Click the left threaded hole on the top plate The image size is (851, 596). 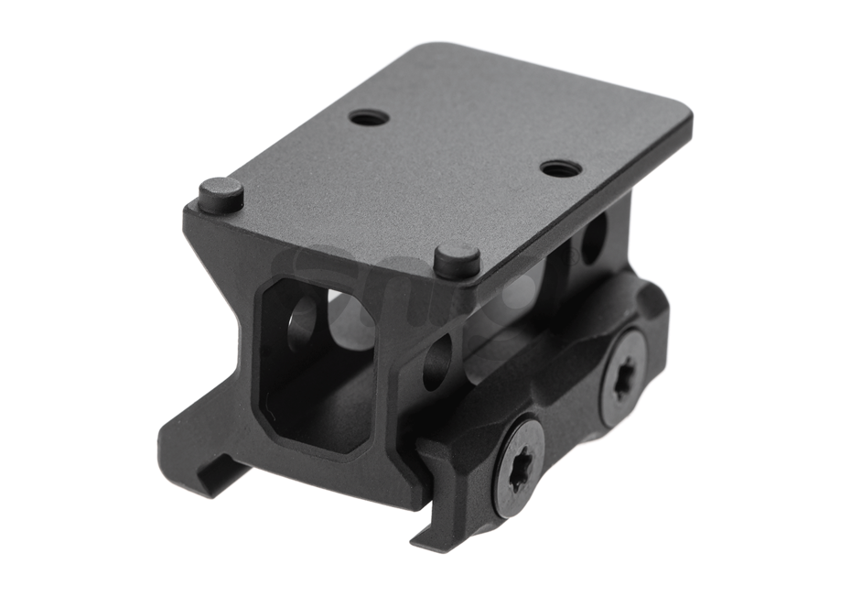tap(370, 118)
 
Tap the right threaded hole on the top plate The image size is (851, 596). tap(561, 168)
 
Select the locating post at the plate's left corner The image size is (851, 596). tap(221, 194)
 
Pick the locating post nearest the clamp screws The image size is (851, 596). tap(458, 259)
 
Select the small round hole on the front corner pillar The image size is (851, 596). tap(437, 362)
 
